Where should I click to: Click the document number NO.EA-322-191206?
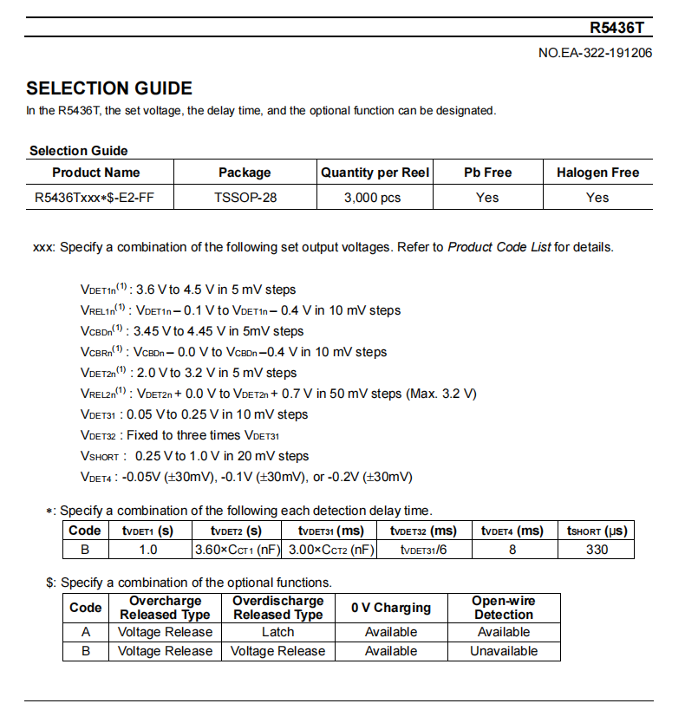pyautogui.click(x=596, y=53)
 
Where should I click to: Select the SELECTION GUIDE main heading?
pyautogui.click(x=109, y=88)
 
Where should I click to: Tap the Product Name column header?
pyautogui.click(x=96, y=173)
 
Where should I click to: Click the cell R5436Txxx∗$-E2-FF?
pyautogui.click(x=95, y=198)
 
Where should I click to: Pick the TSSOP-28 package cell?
pyautogui.click(x=245, y=198)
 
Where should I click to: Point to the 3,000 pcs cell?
pyautogui.click(x=373, y=198)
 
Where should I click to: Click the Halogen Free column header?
pyautogui.click(x=597, y=173)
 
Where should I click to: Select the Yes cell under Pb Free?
pyautogui.click(x=487, y=198)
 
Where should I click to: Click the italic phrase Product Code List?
pyautogui.click(x=499, y=247)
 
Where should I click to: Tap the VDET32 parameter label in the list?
pyautogui.click(x=98, y=435)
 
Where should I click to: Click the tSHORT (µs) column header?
pyautogui.click(x=597, y=531)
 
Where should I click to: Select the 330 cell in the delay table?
pyautogui.click(x=597, y=550)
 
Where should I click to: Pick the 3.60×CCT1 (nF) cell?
pyautogui.click(x=236, y=550)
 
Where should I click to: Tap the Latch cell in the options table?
pyautogui.click(x=277, y=632)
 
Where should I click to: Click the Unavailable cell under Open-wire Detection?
pyautogui.click(x=504, y=651)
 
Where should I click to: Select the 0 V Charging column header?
pyautogui.click(x=391, y=608)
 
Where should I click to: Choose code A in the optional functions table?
pyautogui.click(x=86, y=632)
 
